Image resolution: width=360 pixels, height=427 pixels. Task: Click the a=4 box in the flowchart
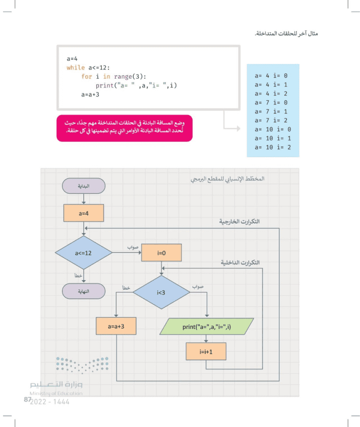pos(84,213)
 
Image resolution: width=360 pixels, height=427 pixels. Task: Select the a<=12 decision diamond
pos(84,253)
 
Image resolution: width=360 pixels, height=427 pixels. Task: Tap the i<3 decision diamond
pos(161,292)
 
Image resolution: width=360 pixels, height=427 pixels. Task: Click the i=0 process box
pos(162,253)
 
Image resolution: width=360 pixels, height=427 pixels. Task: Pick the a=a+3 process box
pos(116,326)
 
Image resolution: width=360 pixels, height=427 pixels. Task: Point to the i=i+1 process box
pos(206,351)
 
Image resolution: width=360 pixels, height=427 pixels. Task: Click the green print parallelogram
pos(207,327)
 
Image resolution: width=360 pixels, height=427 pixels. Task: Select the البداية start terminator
pos(84,186)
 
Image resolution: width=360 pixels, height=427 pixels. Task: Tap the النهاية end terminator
pos(84,291)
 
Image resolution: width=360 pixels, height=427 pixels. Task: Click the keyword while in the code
pos(76,67)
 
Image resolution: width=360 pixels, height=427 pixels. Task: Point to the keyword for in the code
pos(86,76)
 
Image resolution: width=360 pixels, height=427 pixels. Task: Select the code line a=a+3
pos(90,94)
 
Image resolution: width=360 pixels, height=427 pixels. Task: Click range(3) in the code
pos(130,76)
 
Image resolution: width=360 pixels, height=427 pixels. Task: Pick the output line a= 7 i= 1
pos(271,112)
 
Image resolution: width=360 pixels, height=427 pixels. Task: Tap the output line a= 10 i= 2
pos(273,147)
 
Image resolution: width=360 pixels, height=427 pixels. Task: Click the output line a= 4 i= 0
pos(271,76)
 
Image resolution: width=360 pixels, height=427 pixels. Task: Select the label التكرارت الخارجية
pos(239,221)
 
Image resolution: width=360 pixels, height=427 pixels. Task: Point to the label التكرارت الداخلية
pos(240,262)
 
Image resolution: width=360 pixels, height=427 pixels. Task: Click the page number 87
pos(27,399)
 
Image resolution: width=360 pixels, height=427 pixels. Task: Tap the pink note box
pos(125,128)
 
